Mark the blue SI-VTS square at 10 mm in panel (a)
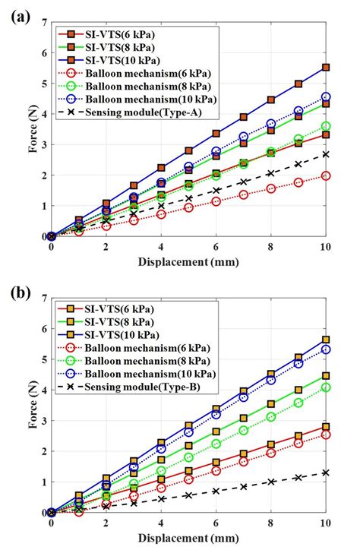click(326, 68)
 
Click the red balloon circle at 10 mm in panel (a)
click(326, 175)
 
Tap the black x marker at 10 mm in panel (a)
click(326, 154)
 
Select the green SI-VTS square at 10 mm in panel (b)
click(326, 375)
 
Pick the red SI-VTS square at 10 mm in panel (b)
click(326, 427)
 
